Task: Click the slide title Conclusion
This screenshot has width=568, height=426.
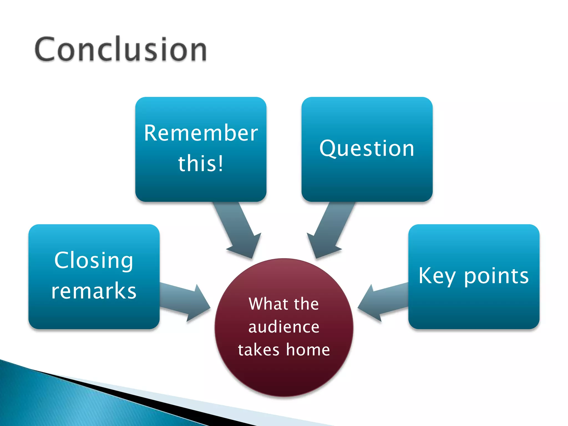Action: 121,49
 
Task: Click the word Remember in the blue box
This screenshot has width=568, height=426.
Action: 201,133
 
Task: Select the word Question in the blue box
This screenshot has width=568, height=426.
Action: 367,149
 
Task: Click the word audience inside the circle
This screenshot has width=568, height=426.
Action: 284,327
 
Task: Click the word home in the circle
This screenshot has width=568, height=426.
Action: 308,349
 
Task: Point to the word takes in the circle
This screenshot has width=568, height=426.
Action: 258,349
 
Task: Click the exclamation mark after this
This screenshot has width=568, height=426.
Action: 220,163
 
